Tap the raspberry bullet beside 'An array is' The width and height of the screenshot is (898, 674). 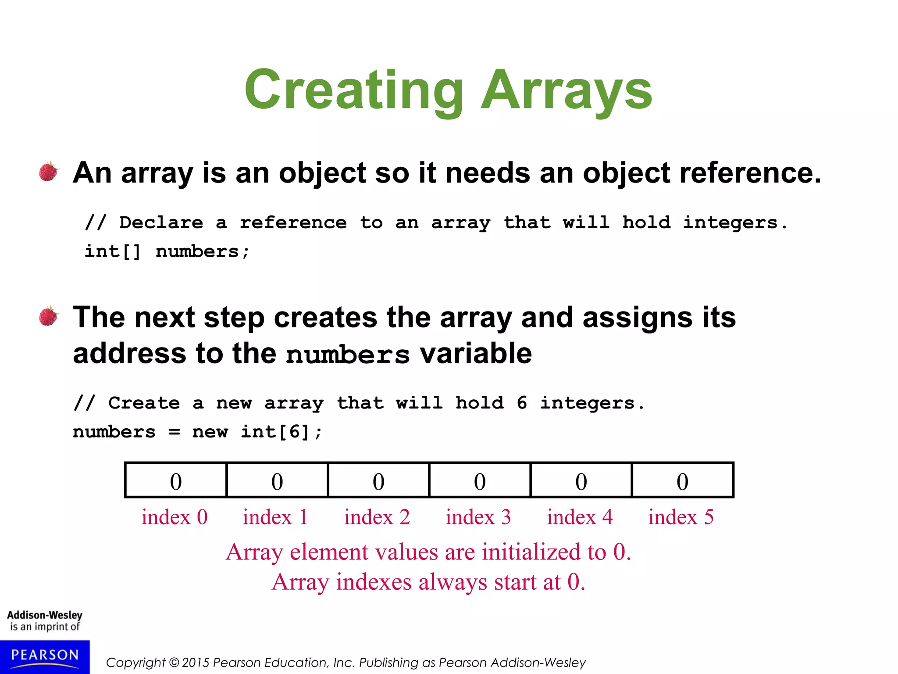pos(49,172)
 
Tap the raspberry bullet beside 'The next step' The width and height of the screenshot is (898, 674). pos(49,316)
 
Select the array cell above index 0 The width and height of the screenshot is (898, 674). pos(176,480)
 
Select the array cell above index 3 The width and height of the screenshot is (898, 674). pos(480,480)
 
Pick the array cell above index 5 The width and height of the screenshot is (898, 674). pos(682,480)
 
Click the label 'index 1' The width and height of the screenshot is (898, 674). pos(275,517)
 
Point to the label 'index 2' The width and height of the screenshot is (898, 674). pos(377,517)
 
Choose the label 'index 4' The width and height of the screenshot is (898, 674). pos(580,517)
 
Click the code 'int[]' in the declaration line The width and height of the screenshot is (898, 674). pos(113,252)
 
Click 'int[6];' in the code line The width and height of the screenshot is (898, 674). pos(281,432)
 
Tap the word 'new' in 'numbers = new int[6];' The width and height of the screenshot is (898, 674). pos(210,432)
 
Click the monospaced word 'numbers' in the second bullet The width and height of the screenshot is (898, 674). pos(347,355)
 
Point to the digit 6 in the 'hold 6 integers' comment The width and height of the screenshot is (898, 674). pos(522,403)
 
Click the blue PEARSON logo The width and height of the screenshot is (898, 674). pos(45,656)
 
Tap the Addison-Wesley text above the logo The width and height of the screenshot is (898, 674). pos(45,615)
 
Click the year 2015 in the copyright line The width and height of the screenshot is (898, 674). pos(196,663)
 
